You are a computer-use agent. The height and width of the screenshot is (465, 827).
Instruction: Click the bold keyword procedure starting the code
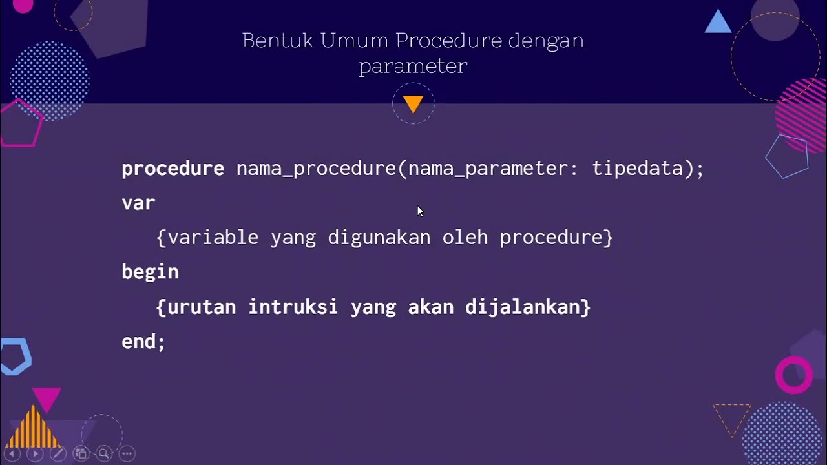(x=173, y=169)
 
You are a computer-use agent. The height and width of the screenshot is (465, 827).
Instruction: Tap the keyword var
(x=138, y=203)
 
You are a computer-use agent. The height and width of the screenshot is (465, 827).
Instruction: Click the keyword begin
(x=150, y=273)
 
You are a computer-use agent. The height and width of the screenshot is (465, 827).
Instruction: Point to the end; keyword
(x=143, y=342)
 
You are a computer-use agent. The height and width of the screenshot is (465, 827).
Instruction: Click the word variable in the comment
(x=213, y=238)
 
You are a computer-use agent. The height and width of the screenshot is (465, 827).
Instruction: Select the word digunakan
(x=379, y=238)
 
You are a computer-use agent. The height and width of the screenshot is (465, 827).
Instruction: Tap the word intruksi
(x=293, y=307)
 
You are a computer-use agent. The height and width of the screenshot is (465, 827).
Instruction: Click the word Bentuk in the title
(x=278, y=41)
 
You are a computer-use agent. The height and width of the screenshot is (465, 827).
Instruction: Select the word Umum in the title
(x=355, y=41)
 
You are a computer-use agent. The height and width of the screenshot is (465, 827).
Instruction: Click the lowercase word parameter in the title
(x=413, y=67)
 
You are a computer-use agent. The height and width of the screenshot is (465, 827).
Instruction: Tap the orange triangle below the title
(x=413, y=103)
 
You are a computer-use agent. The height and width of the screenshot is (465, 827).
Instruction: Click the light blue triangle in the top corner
(x=718, y=23)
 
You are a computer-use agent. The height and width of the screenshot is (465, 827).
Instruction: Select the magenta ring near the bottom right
(x=794, y=375)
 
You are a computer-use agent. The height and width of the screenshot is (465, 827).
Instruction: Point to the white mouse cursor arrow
(x=419, y=211)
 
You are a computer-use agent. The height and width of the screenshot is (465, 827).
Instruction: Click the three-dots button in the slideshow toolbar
(x=127, y=453)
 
